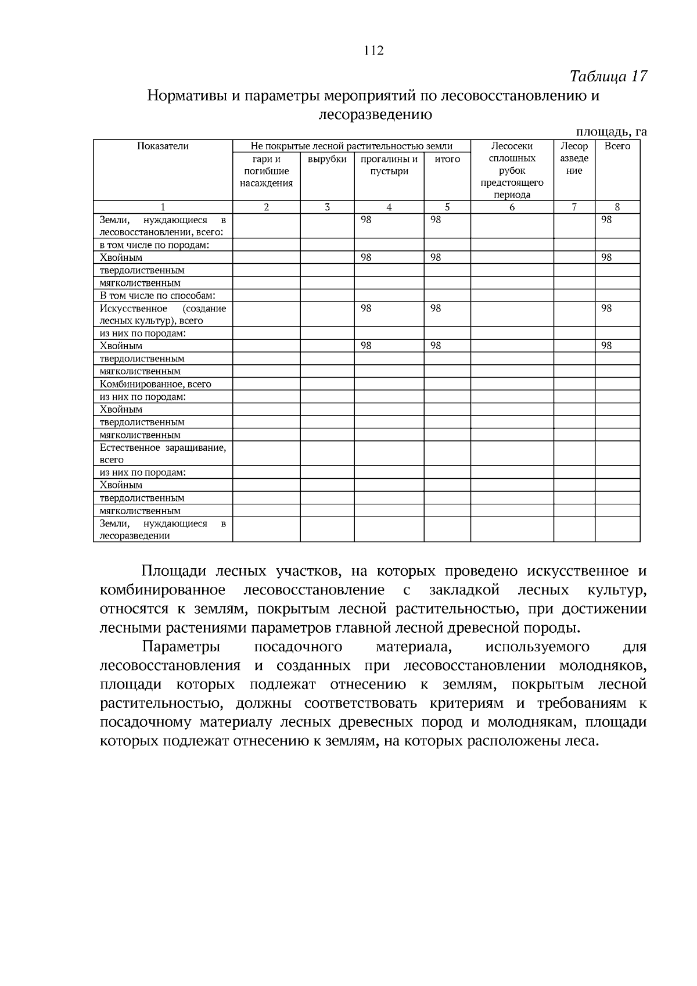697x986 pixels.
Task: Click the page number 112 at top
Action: pos(373,51)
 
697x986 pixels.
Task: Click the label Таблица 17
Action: pos(608,76)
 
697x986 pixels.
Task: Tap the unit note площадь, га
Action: pos(611,132)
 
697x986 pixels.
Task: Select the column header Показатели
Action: pos(163,146)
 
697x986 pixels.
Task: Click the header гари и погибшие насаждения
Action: pos(266,171)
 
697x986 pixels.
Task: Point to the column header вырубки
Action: pos(327,159)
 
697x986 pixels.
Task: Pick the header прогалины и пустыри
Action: pos(389,164)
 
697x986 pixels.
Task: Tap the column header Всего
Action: pos(617,146)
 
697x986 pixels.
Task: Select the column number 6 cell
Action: pos(512,207)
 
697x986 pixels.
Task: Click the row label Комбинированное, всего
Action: pos(155,384)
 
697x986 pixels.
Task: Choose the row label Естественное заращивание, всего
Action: pos(163,453)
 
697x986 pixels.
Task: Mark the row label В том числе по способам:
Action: pos(157,296)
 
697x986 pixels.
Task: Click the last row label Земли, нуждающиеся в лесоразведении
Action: pos(163,529)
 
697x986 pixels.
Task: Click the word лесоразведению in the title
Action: pos(375,114)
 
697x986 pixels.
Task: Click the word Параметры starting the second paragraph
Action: pos(181,647)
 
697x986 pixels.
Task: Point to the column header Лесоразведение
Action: pos(574,159)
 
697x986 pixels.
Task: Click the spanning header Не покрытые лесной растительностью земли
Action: pos(351,146)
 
